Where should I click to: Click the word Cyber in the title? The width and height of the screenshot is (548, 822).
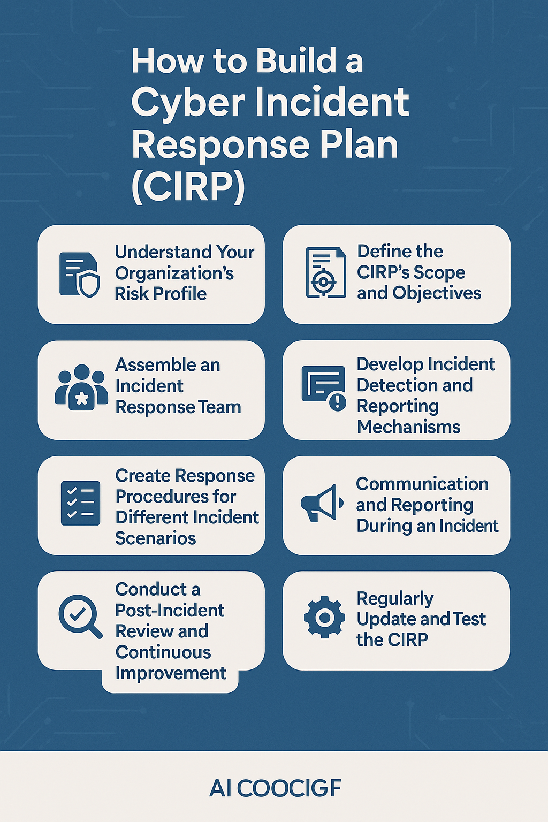(x=188, y=103)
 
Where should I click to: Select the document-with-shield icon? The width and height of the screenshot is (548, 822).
(x=79, y=275)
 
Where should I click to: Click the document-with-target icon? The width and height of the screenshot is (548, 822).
(x=326, y=272)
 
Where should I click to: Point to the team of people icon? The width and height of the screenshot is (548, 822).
(x=81, y=387)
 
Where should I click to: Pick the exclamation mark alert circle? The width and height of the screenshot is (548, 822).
(x=338, y=402)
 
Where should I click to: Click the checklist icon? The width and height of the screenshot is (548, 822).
(x=80, y=503)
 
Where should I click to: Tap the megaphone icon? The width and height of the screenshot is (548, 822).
(x=322, y=503)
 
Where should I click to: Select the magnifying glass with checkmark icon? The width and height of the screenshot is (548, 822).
(x=80, y=616)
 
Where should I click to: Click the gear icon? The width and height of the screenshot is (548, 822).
(x=324, y=618)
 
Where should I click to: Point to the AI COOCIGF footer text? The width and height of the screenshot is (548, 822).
(x=275, y=788)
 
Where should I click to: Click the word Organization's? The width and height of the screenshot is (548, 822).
(x=174, y=273)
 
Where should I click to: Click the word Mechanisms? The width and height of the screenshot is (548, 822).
(x=408, y=427)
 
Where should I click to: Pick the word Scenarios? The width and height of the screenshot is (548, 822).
(x=156, y=538)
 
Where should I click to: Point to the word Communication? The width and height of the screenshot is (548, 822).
(x=422, y=484)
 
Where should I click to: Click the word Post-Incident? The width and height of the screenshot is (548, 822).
(x=170, y=610)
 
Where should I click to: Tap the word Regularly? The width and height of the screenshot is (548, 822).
(x=395, y=599)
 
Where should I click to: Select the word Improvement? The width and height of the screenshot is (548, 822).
(x=171, y=673)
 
